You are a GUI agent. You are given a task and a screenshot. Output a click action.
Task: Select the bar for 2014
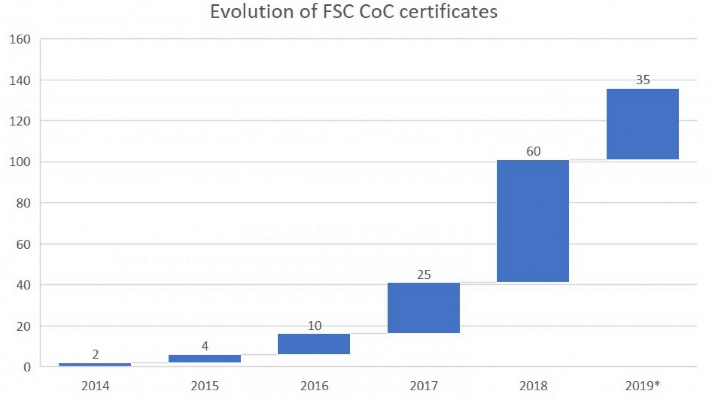tap(95, 364)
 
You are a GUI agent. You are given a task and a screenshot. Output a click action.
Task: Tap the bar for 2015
tap(205, 359)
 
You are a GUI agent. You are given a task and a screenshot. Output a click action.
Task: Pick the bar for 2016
tap(314, 344)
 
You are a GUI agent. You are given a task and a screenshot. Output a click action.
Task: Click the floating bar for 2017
tap(424, 308)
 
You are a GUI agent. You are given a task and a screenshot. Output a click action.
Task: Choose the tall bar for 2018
tap(533, 221)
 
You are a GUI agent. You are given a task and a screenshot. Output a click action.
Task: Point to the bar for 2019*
tap(643, 124)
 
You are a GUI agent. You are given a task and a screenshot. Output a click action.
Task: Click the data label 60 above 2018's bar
tap(533, 151)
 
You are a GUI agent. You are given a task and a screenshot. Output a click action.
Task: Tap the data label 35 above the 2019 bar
tap(643, 80)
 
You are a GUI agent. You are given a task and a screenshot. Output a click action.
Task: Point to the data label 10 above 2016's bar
tap(314, 326)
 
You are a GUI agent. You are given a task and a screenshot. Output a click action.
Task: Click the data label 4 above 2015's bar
tap(205, 346)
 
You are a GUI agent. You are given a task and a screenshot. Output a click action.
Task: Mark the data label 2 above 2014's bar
tap(95, 354)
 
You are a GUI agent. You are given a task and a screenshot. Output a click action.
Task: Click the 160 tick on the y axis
tap(20, 39)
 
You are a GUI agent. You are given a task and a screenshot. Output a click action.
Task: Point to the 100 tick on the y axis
tap(20, 162)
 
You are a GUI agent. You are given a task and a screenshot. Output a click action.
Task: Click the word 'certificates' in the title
tap(448, 12)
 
